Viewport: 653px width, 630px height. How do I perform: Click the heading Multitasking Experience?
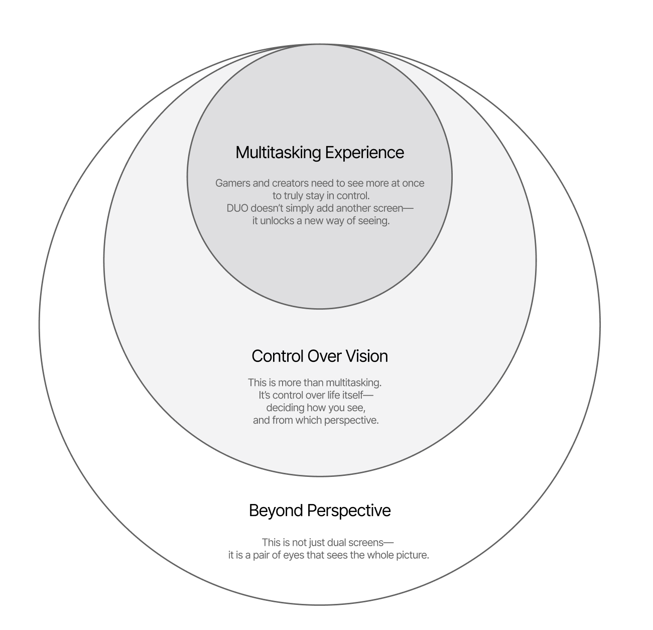[320, 153]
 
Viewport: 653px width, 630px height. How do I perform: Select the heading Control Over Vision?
[320, 356]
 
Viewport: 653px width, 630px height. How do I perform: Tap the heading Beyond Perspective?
[320, 511]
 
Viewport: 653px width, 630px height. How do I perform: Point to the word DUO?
[237, 208]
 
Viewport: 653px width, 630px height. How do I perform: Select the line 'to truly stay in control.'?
[321, 196]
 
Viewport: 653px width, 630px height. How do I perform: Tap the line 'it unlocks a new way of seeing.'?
[321, 221]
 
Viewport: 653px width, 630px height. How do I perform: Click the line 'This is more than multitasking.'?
[315, 383]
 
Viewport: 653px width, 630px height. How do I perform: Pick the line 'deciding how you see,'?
[316, 408]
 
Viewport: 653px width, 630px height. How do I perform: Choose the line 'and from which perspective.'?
[316, 420]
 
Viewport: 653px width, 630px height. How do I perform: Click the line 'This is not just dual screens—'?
[328, 543]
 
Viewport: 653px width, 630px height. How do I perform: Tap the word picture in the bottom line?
[412, 555]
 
